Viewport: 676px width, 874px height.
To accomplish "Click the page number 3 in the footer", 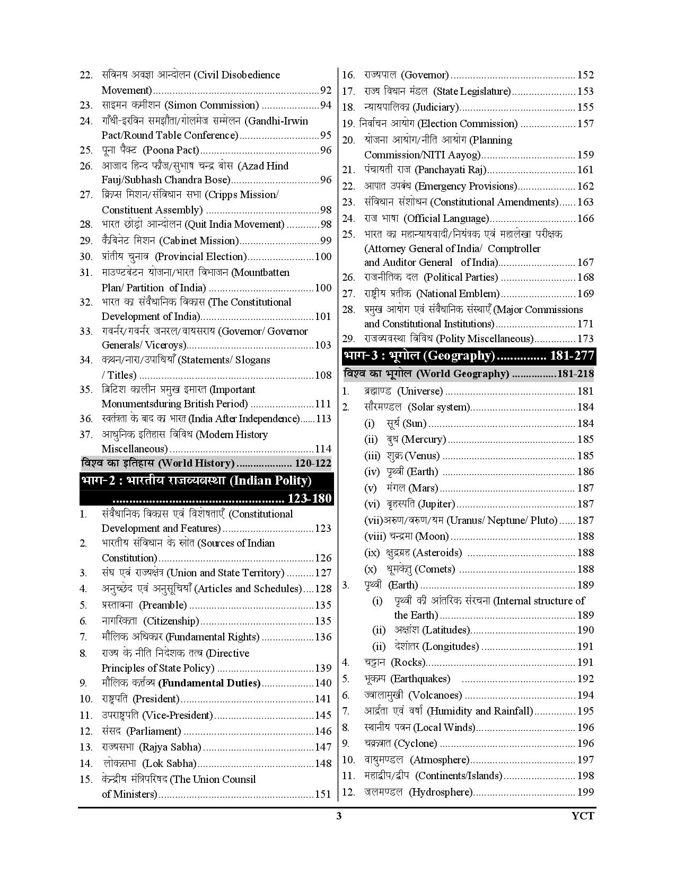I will pos(339,816).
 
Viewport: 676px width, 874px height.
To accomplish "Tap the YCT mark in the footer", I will pos(584,816).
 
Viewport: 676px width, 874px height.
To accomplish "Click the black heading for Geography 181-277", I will pos(469,355).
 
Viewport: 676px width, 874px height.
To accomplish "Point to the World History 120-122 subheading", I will pos(206,463).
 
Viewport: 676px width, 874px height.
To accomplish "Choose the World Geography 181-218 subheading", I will pos(469,374).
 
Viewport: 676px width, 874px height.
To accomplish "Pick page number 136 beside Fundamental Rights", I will pos(323,637).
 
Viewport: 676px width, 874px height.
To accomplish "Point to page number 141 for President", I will pos(323,699).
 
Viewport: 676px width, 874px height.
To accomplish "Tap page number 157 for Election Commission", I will pos(585,124).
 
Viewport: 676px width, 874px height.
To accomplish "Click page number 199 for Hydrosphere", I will pos(585,792).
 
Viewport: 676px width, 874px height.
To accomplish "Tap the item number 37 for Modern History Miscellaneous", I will pos(86,435).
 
